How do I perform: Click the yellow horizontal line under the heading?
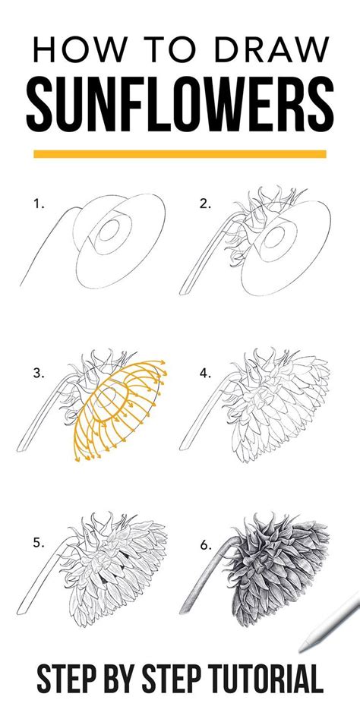180,153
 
